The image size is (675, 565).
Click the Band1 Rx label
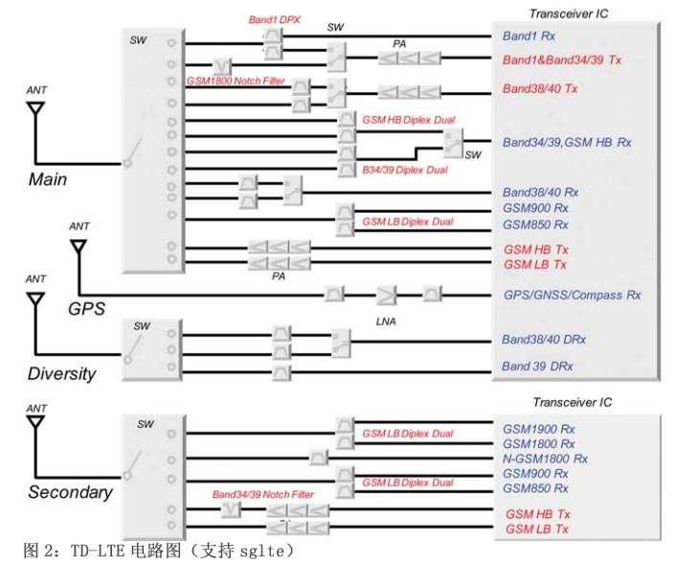click(x=529, y=36)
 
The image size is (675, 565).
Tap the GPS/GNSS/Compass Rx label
click(x=572, y=295)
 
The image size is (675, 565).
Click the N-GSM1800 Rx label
click(x=545, y=459)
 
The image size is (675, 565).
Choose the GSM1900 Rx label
click(x=539, y=428)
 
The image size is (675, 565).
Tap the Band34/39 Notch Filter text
click(x=262, y=494)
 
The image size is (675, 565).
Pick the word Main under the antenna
click(x=47, y=180)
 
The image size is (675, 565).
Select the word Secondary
click(x=70, y=492)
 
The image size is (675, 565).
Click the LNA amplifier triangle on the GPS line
click(x=386, y=294)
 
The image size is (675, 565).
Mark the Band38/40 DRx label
click(x=546, y=339)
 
